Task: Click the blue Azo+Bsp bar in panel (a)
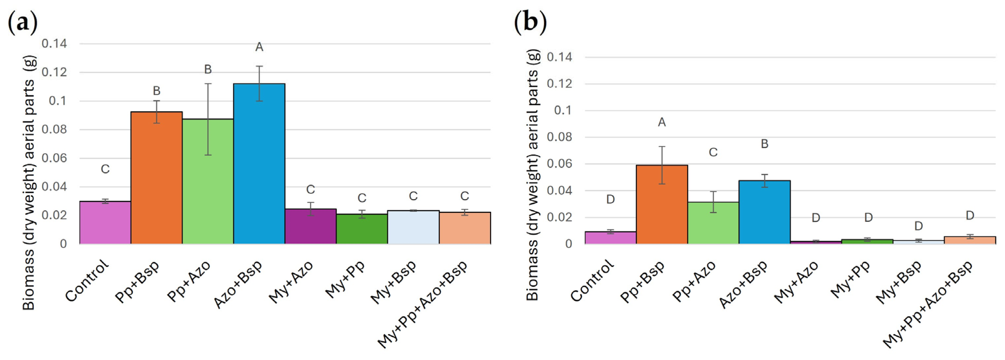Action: point(259,164)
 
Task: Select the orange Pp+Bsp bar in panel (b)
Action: point(662,204)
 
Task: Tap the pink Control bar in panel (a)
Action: point(105,223)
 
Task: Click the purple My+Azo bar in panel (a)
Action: point(311,226)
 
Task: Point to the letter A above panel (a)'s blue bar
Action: point(259,47)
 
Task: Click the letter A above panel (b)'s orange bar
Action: point(662,123)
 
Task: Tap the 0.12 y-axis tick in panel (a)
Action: point(54,72)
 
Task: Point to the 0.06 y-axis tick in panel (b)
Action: point(560,164)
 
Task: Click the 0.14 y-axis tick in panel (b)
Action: point(560,57)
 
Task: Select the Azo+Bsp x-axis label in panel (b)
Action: point(743,284)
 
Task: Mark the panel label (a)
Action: point(23,22)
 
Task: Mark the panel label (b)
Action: point(530,22)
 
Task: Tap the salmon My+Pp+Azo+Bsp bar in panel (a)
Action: point(465,228)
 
